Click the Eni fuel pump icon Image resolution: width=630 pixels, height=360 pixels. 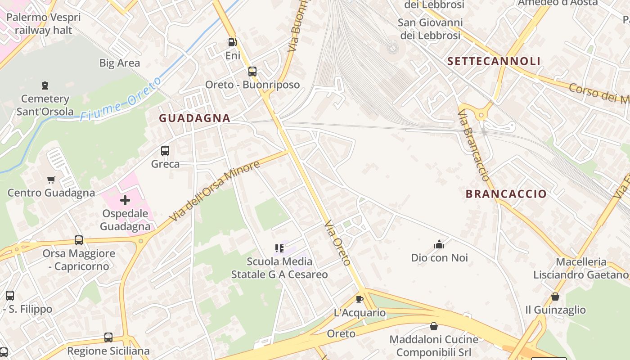click(232, 43)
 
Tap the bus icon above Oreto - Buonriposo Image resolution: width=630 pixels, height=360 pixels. click(252, 71)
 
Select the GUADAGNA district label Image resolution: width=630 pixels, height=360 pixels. click(195, 118)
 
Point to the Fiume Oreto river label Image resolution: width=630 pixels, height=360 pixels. click(121, 99)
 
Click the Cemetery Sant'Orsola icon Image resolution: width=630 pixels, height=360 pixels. click(45, 85)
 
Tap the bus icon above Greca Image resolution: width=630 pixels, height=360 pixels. click(165, 151)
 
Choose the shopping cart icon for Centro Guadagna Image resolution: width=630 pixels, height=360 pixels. click(51, 180)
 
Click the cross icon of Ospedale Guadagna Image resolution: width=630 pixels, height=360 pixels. click(125, 200)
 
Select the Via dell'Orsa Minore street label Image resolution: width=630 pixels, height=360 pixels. click(215, 191)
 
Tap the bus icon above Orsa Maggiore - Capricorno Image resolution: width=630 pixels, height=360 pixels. click(79, 240)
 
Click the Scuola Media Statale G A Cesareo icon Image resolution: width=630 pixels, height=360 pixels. click(279, 248)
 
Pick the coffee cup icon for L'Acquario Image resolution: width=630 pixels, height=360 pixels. click(359, 299)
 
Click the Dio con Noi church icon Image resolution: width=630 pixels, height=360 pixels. click(439, 244)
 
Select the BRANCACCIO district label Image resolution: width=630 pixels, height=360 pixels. click(506, 194)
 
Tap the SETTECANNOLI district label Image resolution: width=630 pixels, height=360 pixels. click(494, 61)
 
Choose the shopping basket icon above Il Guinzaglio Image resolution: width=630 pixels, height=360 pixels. click(555, 297)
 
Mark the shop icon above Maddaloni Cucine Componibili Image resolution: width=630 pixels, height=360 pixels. click(434, 326)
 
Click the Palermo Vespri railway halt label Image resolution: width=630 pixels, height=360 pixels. click(44, 24)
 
